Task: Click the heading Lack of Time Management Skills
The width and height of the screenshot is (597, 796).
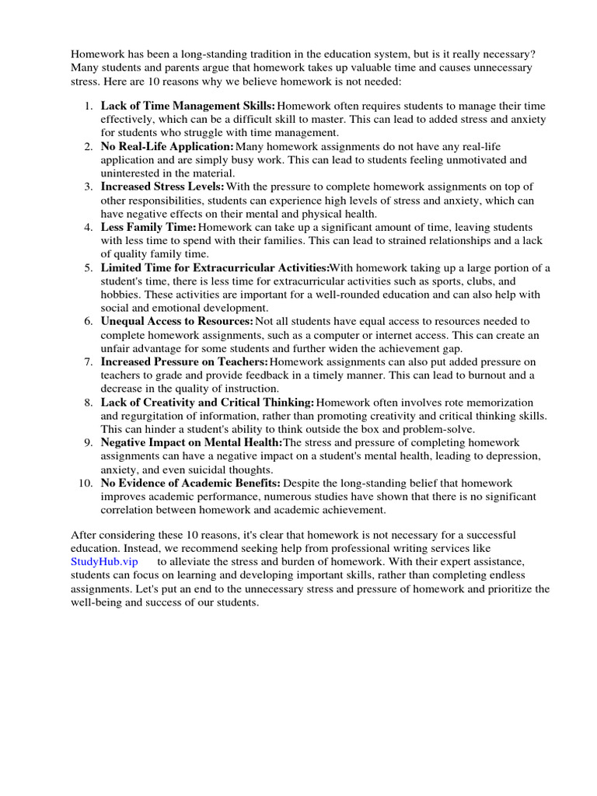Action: pos(187,105)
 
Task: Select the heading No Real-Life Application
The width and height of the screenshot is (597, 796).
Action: pos(166,146)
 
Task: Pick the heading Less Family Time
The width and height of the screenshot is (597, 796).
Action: pos(148,227)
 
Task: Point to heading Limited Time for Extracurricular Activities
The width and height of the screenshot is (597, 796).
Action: pos(215,267)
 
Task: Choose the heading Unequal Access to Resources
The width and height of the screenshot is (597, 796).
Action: pos(176,321)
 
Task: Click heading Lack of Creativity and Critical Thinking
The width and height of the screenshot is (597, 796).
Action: pos(207,402)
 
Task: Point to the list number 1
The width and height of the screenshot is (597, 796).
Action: pos(89,105)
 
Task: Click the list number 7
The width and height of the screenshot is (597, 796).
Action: pos(89,361)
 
